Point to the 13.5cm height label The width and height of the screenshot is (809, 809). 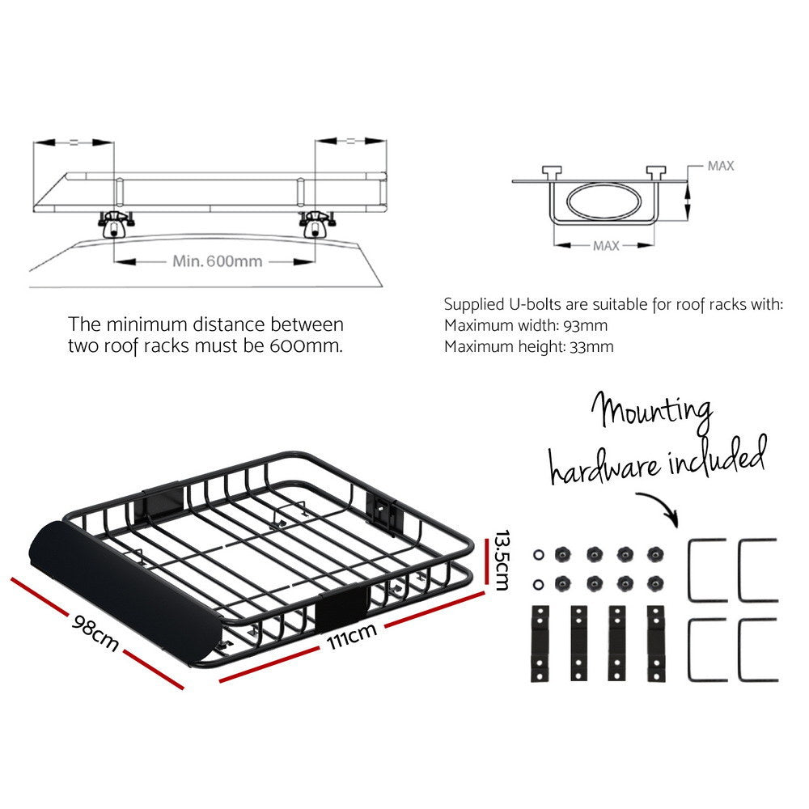coord(501,561)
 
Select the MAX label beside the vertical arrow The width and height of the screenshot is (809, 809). coord(720,166)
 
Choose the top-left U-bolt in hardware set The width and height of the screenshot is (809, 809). coord(707,570)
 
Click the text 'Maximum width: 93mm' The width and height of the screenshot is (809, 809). coord(526,326)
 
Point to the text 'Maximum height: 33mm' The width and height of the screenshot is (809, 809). coord(529,346)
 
